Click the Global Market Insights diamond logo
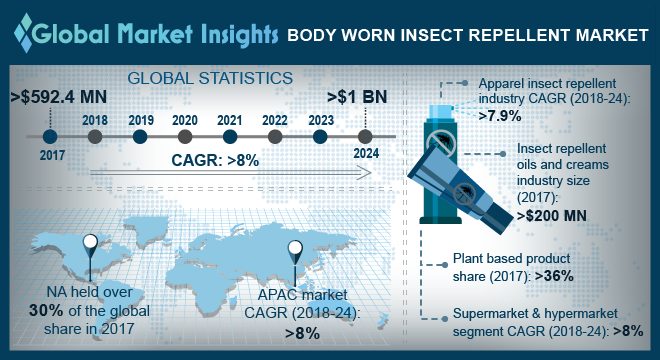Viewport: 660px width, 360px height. click(23, 33)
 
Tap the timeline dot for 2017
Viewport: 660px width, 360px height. click(50, 136)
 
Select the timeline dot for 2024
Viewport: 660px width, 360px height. click(365, 136)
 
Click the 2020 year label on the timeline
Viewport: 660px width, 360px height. click(185, 120)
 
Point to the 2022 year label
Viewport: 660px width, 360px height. click(275, 120)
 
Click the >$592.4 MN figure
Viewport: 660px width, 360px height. click(59, 97)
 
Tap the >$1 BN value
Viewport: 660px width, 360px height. click(357, 97)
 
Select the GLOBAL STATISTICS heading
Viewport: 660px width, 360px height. click(210, 78)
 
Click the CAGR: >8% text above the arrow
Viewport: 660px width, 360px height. click(215, 160)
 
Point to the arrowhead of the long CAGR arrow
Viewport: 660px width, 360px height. click(365, 172)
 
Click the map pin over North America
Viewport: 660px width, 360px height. click(90, 245)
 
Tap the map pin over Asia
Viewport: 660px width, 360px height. click(295, 252)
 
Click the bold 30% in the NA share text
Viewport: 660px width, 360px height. click(46, 311)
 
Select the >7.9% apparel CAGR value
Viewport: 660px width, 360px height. click(500, 115)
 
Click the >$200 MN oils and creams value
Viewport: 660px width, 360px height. click(552, 216)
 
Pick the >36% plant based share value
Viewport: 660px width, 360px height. click(554, 276)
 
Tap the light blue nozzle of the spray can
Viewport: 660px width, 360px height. click(440, 112)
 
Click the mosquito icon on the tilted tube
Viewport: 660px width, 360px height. click(465, 195)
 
